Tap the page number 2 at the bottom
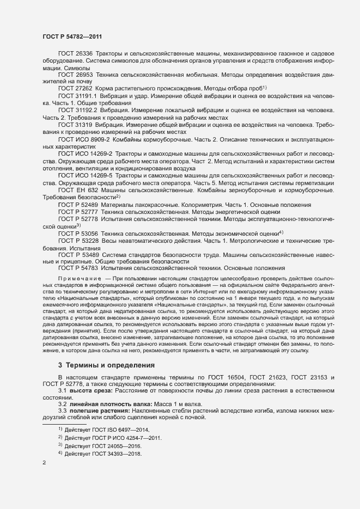click(x=44, y=463)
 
